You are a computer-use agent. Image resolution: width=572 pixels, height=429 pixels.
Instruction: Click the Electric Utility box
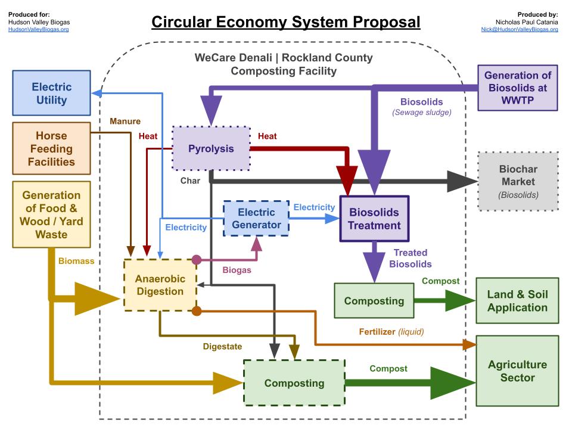point(51,92)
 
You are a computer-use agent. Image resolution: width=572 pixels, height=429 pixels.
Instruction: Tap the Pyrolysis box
point(211,148)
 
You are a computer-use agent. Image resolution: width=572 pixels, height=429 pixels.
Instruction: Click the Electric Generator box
point(256,219)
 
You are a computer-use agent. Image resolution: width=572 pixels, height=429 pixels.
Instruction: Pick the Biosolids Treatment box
point(374,219)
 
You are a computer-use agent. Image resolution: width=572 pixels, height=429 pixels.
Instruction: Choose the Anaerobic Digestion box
point(160,285)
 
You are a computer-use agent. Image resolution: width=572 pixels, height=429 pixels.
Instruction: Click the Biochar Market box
point(518,181)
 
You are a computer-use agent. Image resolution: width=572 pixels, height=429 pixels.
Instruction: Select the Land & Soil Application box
point(517,301)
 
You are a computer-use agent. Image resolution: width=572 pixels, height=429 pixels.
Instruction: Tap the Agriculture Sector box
point(517,371)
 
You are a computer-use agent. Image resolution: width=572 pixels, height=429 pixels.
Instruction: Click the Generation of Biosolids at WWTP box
point(517,88)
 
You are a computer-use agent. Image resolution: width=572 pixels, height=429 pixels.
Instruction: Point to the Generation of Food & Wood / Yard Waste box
point(51,214)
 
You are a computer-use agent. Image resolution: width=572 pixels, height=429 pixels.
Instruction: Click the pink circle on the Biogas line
point(195,260)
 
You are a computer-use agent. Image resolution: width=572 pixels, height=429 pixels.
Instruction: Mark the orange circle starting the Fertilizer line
point(196,310)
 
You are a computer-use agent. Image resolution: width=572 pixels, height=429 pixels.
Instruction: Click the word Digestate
point(222,346)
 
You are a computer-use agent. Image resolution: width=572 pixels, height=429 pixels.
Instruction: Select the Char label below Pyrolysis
point(190,180)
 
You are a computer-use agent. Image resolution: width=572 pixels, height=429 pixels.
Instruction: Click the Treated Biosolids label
point(411,259)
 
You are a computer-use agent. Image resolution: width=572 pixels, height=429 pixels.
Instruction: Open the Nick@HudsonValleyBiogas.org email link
point(520,29)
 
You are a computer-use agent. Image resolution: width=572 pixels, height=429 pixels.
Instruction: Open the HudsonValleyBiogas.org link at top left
point(38,29)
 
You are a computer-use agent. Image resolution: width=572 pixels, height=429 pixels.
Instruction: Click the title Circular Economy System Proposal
point(285,22)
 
